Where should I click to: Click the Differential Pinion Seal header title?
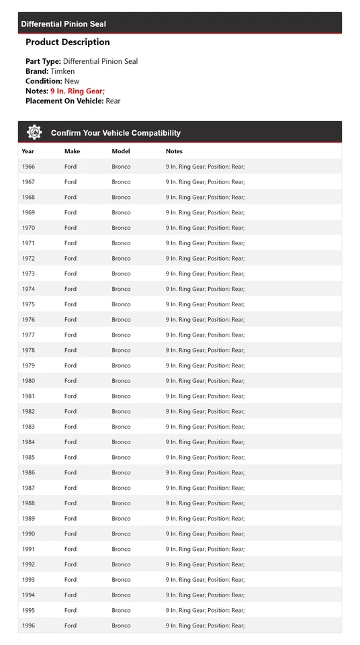(63, 24)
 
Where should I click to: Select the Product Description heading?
(67, 42)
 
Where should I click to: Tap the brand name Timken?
(62, 71)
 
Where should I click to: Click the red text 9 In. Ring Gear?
(77, 91)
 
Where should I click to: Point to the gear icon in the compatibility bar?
(34, 132)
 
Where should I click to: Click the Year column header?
(28, 151)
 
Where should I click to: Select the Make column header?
(72, 151)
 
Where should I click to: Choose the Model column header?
(121, 151)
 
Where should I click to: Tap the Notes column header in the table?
(174, 151)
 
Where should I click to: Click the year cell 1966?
(28, 167)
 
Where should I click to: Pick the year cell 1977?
(28, 335)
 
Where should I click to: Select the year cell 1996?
(28, 626)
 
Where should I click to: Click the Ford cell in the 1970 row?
(71, 228)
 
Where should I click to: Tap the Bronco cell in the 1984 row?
(121, 442)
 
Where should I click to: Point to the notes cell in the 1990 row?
(205, 534)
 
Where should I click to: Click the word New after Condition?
(71, 81)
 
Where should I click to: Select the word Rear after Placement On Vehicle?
(113, 101)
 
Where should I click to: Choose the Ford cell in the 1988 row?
(71, 503)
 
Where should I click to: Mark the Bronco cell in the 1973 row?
(121, 274)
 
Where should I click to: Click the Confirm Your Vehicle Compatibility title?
(116, 133)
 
